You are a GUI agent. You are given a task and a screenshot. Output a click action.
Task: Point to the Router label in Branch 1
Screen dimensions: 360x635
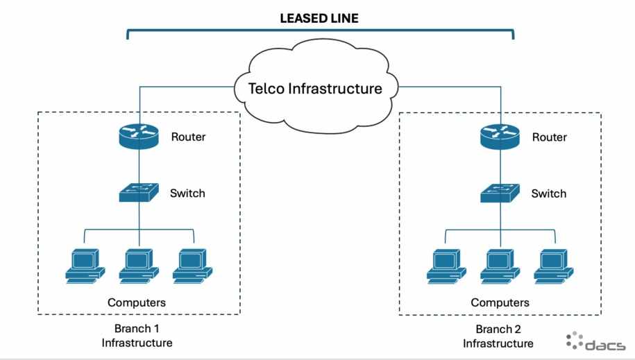coord(188,137)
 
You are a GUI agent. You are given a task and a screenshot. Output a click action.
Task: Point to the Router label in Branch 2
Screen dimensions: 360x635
coord(549,137)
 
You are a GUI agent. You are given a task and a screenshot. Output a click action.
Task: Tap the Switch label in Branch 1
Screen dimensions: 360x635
coord(187,193)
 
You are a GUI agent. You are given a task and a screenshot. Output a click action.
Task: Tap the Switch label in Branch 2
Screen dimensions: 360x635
coord(549,193)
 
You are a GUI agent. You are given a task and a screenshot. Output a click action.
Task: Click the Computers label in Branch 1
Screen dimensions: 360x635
coord(137,302)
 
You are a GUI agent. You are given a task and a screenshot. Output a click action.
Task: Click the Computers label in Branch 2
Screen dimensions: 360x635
coord(500,302)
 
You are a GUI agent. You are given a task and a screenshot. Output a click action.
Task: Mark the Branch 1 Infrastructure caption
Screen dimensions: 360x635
coord(137,336)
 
